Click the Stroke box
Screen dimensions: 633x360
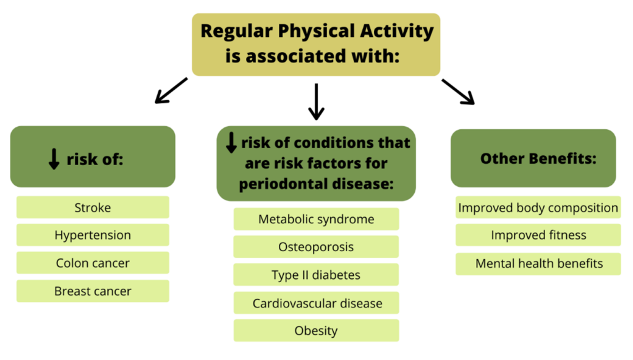point(93,207)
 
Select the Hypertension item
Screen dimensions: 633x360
point(93,235)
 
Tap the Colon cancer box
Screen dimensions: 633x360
point(93,263)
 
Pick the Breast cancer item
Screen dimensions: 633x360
point(93,291)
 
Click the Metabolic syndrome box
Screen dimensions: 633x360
point(316,219)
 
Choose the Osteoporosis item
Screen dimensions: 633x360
point(316,246)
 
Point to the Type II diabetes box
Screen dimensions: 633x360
point(316,275)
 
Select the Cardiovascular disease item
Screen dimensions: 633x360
point(316,303)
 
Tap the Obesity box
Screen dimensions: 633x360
point(316,330)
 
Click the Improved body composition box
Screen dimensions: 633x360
point(538,207)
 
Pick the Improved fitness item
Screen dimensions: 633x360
point(538,235)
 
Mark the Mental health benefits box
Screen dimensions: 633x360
point(538,264)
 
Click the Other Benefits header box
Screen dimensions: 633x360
point(533,158)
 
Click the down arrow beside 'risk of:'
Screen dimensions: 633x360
point(54,159)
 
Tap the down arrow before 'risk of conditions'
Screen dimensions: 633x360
point(231,143)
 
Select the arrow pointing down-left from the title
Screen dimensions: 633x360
point(171,90)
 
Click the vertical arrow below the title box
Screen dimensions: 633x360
point(316,102)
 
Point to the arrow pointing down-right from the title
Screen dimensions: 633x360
point(458,92)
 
